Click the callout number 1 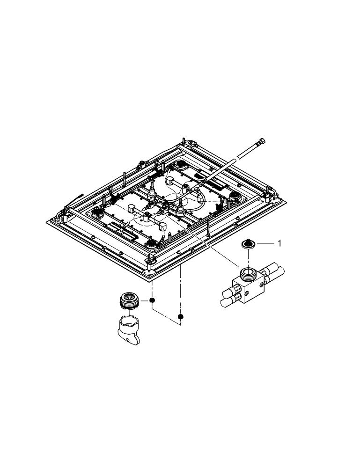[279, 243]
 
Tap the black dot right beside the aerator [152, 300]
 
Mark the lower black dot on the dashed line [181, 317]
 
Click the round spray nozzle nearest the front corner [150, 243]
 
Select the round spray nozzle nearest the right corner [233, 195]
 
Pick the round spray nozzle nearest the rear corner [179, 164]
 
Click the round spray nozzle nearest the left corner [98, 212]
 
